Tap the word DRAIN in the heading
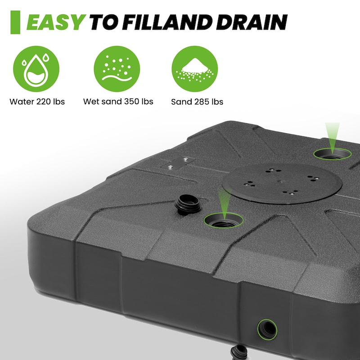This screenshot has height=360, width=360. tap(252, 22)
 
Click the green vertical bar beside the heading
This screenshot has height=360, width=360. tap(15, 22)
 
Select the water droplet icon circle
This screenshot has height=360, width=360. tap(36, 69)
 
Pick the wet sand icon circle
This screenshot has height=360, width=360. tap(117, 69)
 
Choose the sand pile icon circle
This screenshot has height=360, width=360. tap(195, 69)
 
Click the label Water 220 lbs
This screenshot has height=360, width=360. tap(37, 102)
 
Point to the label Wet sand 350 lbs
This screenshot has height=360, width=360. tap(118, 102)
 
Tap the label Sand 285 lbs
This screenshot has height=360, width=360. tap(197, 102)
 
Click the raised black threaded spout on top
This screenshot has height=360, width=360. tap(188, 204)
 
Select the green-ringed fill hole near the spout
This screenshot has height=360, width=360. tap(224, 220)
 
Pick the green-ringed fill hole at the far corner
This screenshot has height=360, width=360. tap(332, 154)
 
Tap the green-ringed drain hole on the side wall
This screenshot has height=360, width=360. tap(267, 330)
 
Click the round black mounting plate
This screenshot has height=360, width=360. tap(282, 184)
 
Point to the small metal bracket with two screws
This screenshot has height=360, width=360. tap(178, 163)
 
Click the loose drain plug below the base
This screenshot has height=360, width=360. tap(239, 353)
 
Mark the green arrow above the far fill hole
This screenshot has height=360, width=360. tap(332, 137)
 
